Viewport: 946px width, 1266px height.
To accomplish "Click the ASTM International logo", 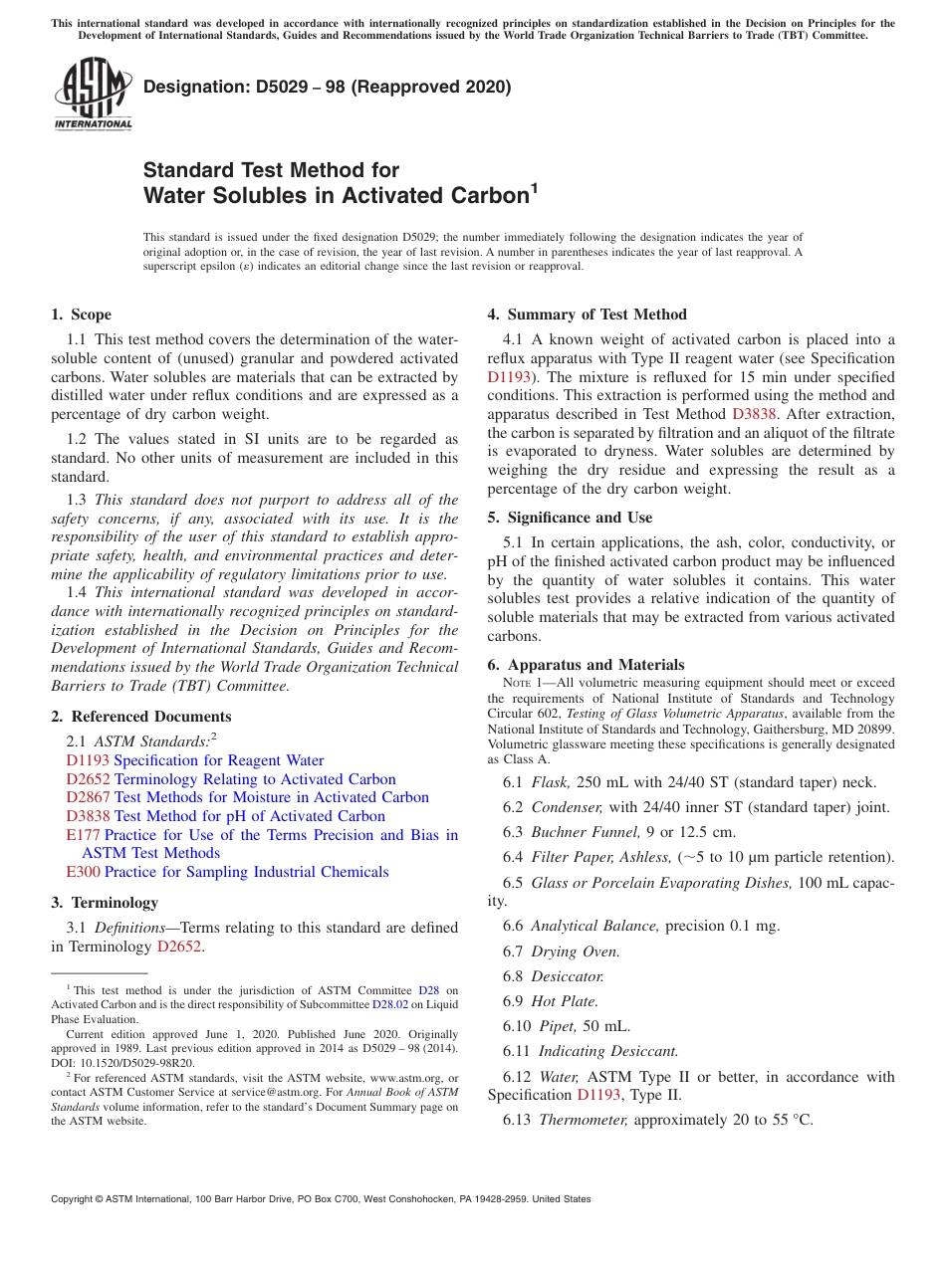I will pyautogui.click(x=93, y=95).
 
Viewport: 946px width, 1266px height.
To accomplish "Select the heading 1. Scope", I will pyautogui.click(x=81, y=315).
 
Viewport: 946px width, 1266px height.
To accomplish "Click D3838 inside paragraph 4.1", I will pyautogui.click(x=752, y=414).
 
